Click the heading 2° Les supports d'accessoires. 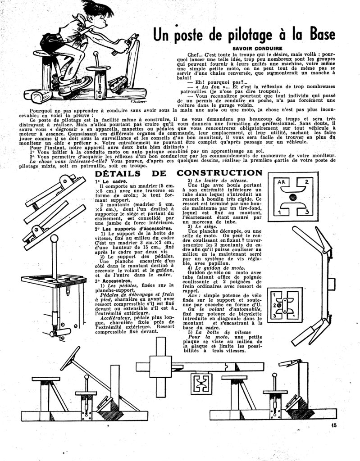(x=124, y=229)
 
